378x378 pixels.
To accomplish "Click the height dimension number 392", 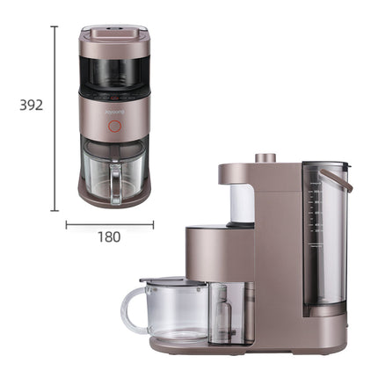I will coord(31,105).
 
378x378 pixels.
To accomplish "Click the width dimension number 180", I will coord(110,236).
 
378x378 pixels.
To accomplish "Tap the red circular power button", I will coord(113,127).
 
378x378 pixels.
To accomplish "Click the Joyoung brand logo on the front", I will coord(114,113).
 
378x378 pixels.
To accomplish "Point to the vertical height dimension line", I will coord(55,119).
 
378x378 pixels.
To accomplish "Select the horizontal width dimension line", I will coord(110,223).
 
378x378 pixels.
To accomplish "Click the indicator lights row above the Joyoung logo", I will coord(114,98).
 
